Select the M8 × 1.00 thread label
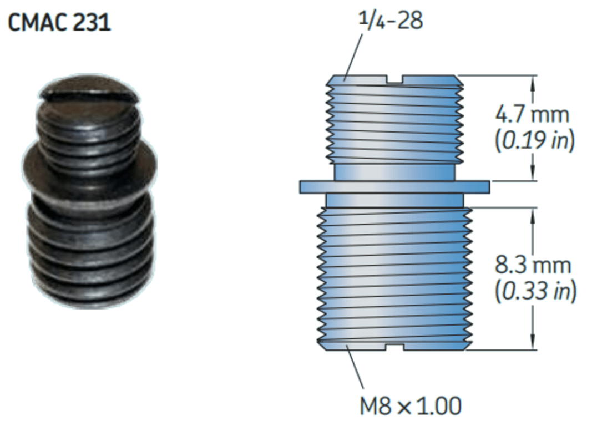pyautogui.click(x=410, y=406)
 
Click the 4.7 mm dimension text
pyautogui.click(x=532, y=115)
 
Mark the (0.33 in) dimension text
pyautogui.click(x=534, y=291)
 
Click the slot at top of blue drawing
pyautogui.click(x=395, y=80)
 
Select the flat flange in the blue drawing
pyautogui.click(x=394, y=187)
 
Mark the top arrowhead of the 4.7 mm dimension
pyautogui.click(x=534, y=81)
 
